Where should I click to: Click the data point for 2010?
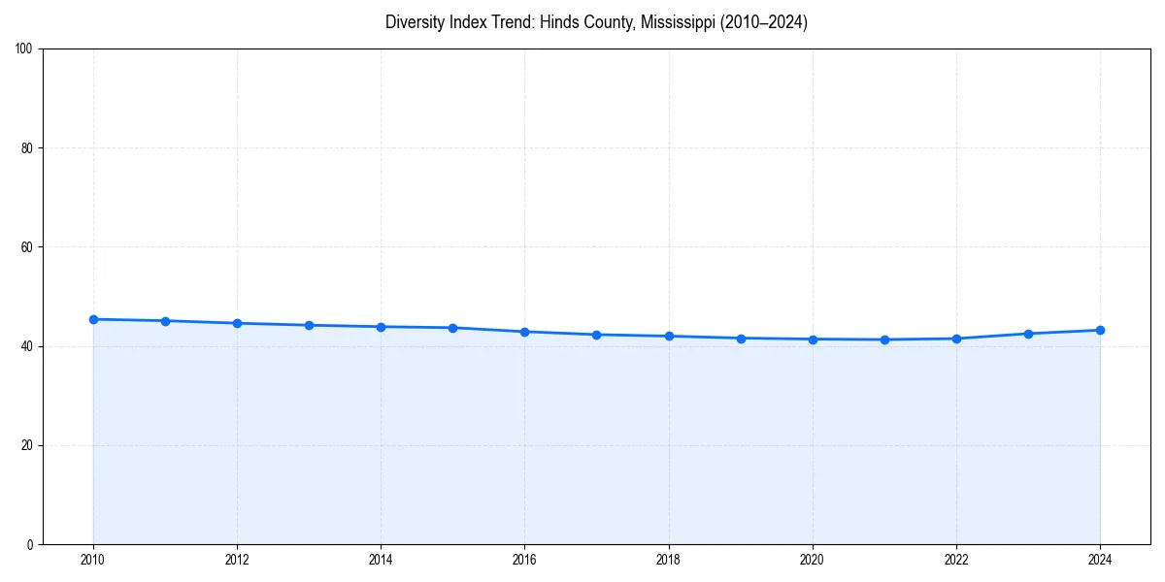click(x=93, y=319)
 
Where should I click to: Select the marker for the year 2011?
click(x=165, y=321)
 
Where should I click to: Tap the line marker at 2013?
click(x=309, y=325)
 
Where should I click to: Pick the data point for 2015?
click(x=452, y=328)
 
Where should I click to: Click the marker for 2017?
click(x=596, y=335)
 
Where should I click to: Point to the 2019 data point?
click(x=741, y=339)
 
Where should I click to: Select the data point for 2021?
click(x=884, y=339)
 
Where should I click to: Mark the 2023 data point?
click(x=1028, y=334)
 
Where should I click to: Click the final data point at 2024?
click(x=1100, y=330)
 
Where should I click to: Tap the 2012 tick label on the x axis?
click(x=237, y=560)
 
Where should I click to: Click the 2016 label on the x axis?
click(x=524, y=560)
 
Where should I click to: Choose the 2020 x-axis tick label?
click(x=813, y=560)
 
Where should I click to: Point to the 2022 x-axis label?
click(x=956, y=560)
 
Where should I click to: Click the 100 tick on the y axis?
click(x=25, y=48)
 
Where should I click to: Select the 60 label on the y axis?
click(x=28, y=247)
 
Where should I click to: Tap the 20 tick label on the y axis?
click(x=28, y=445)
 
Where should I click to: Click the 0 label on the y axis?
click(x=31, y=544)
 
